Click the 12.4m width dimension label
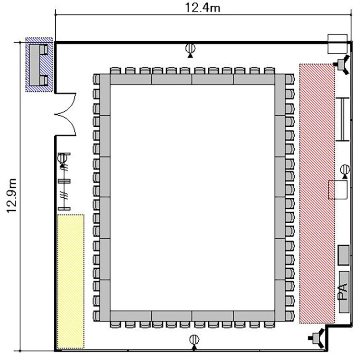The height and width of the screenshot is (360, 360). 203,8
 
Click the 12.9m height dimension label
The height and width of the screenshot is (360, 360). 12,196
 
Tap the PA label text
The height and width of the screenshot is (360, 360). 344,292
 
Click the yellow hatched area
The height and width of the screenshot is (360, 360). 71,281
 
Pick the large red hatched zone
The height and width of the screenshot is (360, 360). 317,193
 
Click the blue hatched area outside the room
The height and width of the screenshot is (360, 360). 39,65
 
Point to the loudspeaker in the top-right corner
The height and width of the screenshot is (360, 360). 343,64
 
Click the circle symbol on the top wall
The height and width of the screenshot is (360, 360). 191,48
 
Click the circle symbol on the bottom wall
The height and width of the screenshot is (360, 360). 194,339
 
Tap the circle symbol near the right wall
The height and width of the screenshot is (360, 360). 345,169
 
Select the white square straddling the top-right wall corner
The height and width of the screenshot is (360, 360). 337,44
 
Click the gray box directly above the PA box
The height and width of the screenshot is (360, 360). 344,255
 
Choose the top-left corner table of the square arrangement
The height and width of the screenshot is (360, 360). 105,95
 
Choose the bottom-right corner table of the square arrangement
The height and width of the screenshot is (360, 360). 280,300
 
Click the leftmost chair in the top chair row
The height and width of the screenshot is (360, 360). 115,71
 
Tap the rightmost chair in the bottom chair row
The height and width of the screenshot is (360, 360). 270,324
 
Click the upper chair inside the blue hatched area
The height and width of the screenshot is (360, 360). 44,49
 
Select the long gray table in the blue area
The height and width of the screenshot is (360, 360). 35,65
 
